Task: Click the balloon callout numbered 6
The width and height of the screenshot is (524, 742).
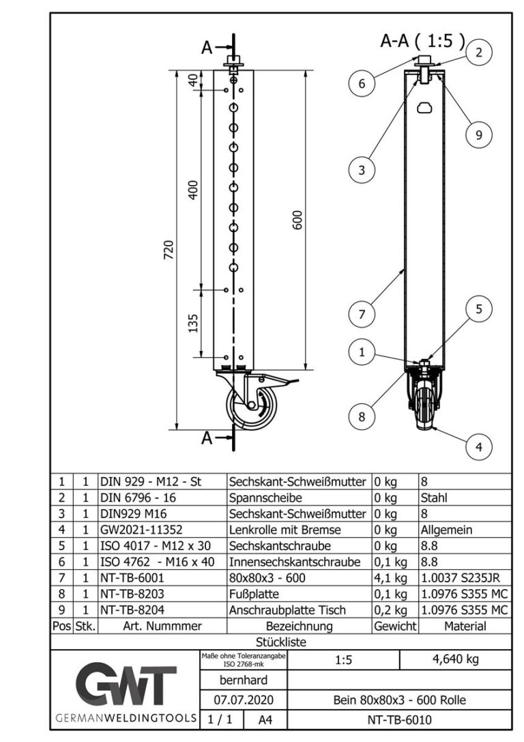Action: (362, 84)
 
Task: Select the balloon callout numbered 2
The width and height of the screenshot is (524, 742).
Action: (479, 53)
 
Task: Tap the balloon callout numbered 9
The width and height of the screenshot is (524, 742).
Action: (479, 135)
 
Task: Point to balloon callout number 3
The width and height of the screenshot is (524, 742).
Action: (362, 170)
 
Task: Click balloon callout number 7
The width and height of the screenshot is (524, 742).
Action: (362, 315)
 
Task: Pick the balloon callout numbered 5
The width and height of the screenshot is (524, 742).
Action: (479, 309)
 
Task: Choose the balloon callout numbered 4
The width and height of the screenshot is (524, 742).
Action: (479, 447)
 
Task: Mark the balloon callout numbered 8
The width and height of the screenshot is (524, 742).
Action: (362, 414)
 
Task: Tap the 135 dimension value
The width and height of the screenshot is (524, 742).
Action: (193, 322)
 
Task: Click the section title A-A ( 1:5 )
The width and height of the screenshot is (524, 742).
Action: (422, 41)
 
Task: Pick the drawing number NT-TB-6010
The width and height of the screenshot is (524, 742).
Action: (399, 719)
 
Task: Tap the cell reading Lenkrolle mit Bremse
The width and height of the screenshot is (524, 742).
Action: (285, 529)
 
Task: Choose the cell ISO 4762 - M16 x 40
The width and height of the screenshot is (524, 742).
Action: (154, 562)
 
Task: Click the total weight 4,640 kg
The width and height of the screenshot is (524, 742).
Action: (454, 660)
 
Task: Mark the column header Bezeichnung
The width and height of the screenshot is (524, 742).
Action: (299, 626)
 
